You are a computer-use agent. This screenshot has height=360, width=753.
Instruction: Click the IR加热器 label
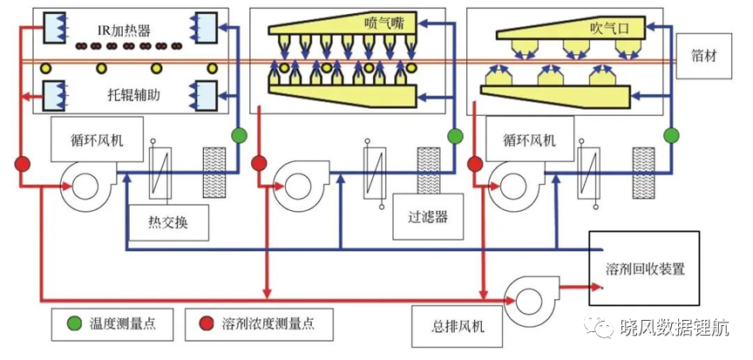(x=122, y=31)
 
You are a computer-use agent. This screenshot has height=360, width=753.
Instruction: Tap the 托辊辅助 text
(x=133, y=95)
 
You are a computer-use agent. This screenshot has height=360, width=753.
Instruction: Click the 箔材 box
(x=704, y=56)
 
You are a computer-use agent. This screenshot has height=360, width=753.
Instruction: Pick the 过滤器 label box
(x=429, y=216)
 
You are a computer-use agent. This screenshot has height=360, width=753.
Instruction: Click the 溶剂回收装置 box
(x=644, y=268)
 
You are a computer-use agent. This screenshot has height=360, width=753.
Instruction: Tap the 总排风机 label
(x=458, y=326)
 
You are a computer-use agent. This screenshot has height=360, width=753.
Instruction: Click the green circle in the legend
(x=73, y=324)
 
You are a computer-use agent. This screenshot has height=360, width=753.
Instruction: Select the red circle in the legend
(x=207, y=324)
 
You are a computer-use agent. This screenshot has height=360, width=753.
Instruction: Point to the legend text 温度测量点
(x=122, y=323)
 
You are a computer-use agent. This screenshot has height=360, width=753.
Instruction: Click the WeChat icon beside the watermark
(x=599, y=327)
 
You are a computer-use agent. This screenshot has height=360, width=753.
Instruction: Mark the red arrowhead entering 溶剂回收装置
(x=599, y=288)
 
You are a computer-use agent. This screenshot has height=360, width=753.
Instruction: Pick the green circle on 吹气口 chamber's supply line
(x=671, y=136)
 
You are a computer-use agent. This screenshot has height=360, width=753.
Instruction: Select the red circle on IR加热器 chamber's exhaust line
(x=22, y=164)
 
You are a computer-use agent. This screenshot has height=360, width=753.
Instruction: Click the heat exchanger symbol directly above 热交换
(x=159, y=172)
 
